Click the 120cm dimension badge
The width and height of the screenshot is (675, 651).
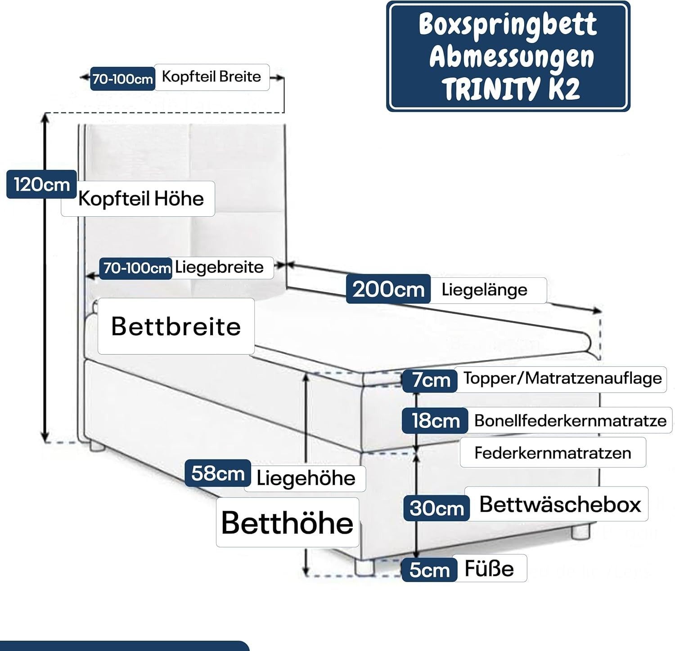pos(41,184)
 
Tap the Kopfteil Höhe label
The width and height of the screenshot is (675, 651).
pos(140,198)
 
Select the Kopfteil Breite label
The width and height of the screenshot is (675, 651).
pos(211,77)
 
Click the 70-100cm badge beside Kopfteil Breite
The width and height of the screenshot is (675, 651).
pos(122,79)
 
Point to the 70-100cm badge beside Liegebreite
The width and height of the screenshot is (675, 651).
pos(136,268)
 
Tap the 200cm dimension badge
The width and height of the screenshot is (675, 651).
pos(388,289)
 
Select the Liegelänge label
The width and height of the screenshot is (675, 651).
pos(485,290)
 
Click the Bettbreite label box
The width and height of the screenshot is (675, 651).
pos(176,326)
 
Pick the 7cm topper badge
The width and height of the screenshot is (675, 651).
pos(431,380)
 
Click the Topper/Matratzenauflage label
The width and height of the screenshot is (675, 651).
pos(562,379)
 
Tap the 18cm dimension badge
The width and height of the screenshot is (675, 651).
pos(435,421)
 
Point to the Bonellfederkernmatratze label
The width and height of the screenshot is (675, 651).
pos(570,421)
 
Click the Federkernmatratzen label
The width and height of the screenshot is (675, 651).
pos(553,452)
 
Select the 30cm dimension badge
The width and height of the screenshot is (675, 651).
pos(436,508)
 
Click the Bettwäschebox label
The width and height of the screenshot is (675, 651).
pos(560,504)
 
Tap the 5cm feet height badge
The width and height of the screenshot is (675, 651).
pos(429,570)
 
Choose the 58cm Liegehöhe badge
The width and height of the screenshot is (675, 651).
pos(218,473)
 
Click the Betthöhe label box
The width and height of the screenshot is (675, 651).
pos(287,522)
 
